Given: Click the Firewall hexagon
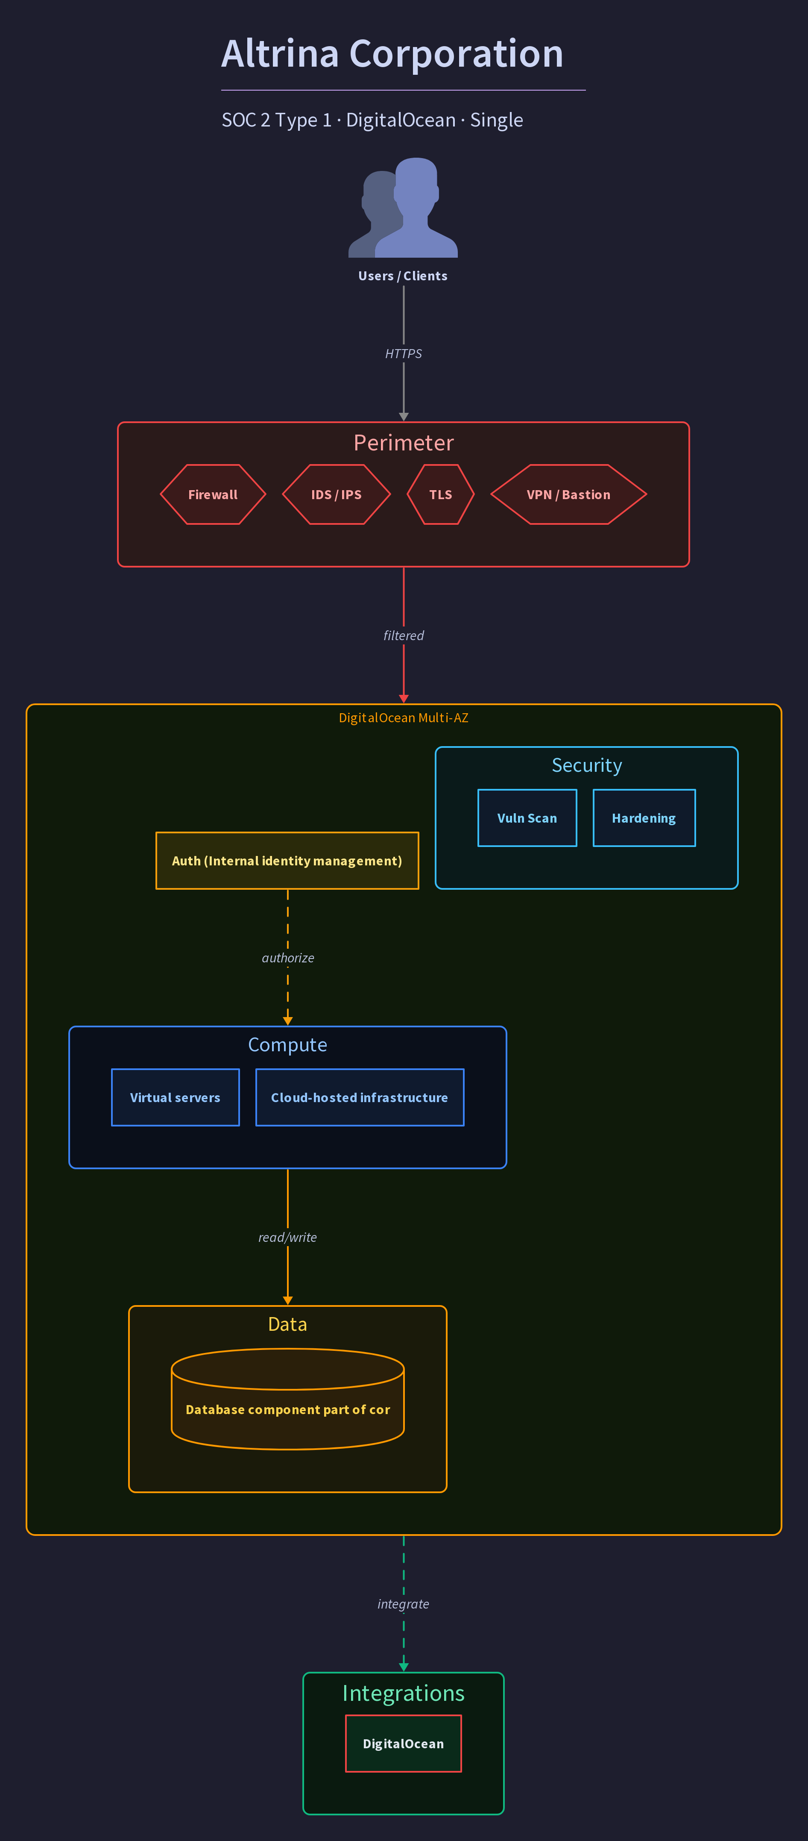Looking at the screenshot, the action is click(213, 494).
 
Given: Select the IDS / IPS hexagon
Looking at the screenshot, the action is click(337, 494).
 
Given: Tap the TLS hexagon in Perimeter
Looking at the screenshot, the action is click(441, 494).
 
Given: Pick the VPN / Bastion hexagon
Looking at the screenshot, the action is click(569, 494).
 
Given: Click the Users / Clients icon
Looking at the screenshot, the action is click(403, 207).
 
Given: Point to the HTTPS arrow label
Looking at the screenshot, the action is click(404, 354).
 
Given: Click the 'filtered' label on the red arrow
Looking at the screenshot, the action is click(404, 635).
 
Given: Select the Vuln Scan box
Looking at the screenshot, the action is click(527, 818).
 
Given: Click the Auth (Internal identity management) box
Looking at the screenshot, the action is click(287, 861).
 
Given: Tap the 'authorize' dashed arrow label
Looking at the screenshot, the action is click(288, 958).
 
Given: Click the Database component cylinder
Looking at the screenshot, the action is click(288, 1399).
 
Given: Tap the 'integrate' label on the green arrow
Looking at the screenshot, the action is click(404, 1604).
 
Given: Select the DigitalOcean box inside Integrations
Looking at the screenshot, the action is click(404, 1744).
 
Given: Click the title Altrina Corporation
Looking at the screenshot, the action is click(392, 53).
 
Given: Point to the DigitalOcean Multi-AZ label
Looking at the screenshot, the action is click(404, 718).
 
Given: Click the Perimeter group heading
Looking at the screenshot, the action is click(404, 443).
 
